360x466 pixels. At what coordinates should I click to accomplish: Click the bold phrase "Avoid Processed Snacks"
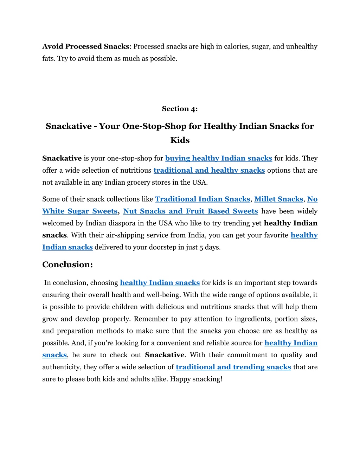coord(86,46)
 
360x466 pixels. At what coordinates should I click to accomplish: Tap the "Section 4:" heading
coord(180,109)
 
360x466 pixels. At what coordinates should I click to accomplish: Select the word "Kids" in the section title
coord(180,140)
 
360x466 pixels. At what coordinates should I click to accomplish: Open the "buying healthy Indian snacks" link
coord(218,158)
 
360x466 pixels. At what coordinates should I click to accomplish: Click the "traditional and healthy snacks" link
coord(209,170)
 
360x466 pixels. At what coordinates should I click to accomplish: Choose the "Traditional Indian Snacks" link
coord(202,199)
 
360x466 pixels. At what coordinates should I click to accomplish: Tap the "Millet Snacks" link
coord(278,199)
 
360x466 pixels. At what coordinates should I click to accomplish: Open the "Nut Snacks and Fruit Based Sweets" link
coord(190,211)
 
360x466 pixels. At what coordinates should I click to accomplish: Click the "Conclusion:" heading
coord(67,264)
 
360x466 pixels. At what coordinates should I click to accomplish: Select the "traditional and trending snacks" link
coord(233,367)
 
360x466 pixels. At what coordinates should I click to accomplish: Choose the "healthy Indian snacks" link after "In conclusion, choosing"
coord(160,283)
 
